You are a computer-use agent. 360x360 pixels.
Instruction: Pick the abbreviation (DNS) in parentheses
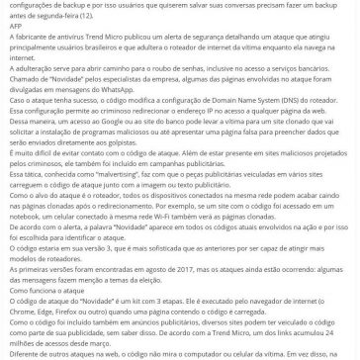(271, 99)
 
